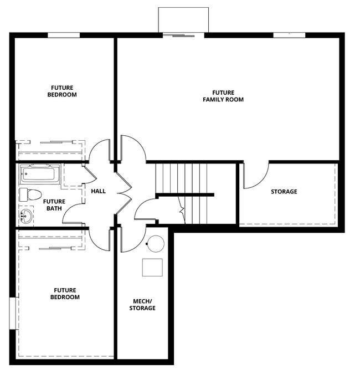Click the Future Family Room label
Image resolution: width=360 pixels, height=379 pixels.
pyautogui.click(x=223, y=96)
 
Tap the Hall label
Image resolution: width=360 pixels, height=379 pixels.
pyautogui.click(x=98, y=191)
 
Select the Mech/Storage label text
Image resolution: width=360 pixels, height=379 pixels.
pyautogui.click(x=142, y=305)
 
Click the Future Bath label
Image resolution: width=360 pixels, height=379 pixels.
pyautogui.click(x=54, y=205)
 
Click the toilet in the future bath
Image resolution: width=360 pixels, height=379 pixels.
pyautogui.click(x=31, y=194)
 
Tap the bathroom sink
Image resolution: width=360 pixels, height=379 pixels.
pyautogui.click(x=25, y=216)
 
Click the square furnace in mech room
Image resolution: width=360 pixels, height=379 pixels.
pyautogui.click(x=152, y=268)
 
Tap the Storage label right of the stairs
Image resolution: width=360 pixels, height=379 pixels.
pyautogui.click(x=284, y=192)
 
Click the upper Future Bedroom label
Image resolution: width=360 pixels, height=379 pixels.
pyautogui.click(x=64, y=91)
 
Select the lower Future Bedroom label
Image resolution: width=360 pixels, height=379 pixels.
pyautogui.click(x=66, y=293)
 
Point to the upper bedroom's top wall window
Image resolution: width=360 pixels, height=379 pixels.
pyautogui.click(x=64, y=35)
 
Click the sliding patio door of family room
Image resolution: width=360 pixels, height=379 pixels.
pyautogui.click(x=183, y=35)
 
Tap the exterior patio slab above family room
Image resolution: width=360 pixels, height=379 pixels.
pyautogui.click(x=183, y=20)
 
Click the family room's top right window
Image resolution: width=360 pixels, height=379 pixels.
pyautogui.click(x=289, y=35)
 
